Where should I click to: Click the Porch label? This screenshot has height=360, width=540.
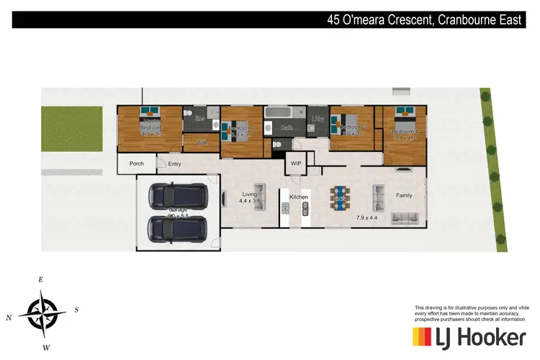click(x=136, y=164)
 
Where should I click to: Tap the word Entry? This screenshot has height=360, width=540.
click(x=174, y=164)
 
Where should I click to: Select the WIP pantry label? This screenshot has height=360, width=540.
click(x=295, y=164)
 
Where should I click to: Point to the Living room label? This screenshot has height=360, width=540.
click(x=250, y=194)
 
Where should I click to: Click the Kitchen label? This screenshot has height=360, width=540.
click(x=299, y=197)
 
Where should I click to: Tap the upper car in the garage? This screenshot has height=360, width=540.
click(x=177, y=194)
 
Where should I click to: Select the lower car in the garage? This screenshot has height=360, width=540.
click(x=177, y=230)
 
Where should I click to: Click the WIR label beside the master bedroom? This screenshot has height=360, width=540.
click(x=202, y=143)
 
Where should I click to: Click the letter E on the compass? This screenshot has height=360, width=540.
click(x=41, y=279)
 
